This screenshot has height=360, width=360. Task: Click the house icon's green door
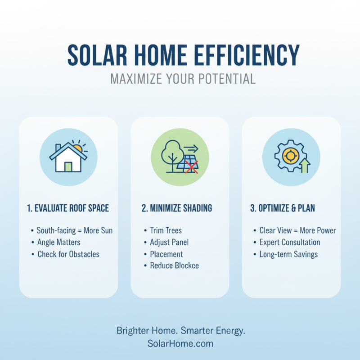point(68,166)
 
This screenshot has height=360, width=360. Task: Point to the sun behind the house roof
point(78,148)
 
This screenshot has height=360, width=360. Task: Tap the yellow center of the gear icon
point(290,156)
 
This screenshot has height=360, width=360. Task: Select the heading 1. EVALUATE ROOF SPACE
point(68,208)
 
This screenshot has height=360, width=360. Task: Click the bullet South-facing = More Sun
point(74,230)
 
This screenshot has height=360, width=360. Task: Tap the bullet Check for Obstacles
point(68,254)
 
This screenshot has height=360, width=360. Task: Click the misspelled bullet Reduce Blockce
point(174,265)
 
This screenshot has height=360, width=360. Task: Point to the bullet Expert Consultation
point(289,242)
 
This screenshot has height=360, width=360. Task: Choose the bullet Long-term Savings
point(288,254)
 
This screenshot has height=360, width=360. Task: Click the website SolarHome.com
point(180,343)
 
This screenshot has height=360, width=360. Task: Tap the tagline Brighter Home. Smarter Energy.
point(180,331)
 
